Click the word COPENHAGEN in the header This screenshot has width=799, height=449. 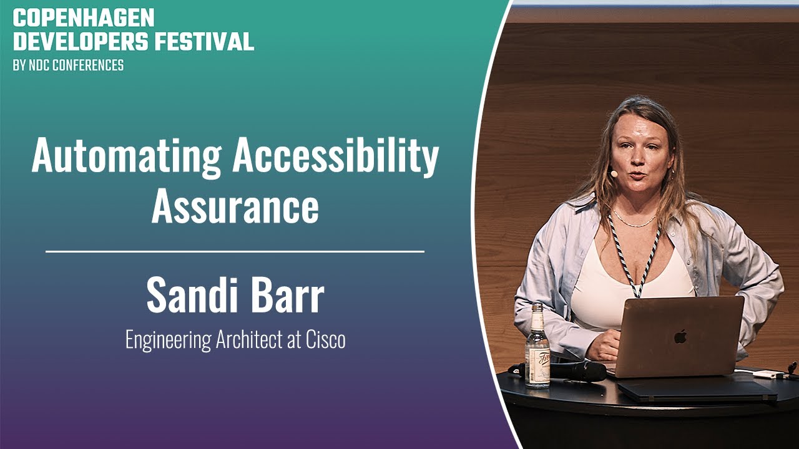[x=84, y=18]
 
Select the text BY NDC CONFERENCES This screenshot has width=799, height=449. [x=68, y=65]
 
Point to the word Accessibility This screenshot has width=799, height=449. [x=335, y=157]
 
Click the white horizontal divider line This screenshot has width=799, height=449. [x=235, y=251]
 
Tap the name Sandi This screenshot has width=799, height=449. [x=193, y=296]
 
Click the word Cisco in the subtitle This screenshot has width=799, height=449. [x=326, y=340]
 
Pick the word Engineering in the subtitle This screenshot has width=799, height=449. [x=169, y=341]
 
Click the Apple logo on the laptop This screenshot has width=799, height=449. [x=680, y=336]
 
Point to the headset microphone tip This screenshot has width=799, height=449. [x=614, y=173]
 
